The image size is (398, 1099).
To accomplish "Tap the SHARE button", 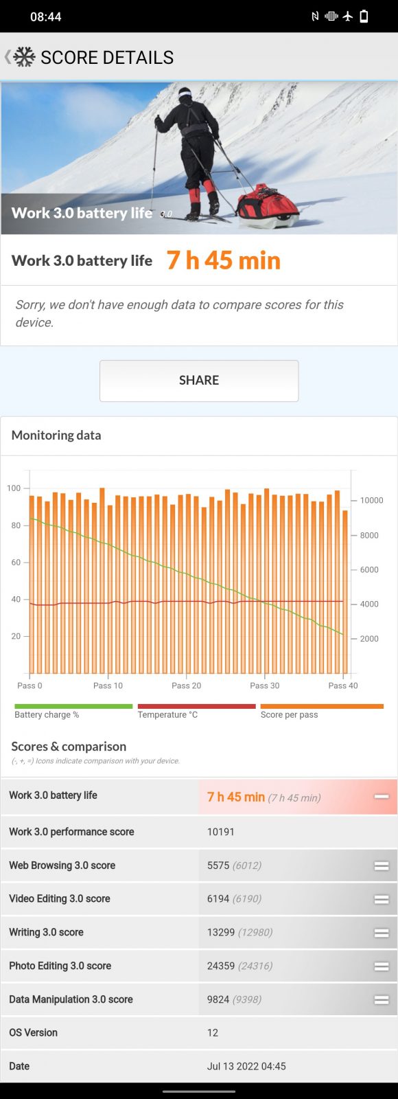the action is tap(199, 381).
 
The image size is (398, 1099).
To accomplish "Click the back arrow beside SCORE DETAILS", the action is tap(8, 57).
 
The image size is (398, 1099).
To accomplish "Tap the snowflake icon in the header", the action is tap(24, 57).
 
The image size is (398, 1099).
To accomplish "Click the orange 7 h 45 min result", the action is tap(224, 260).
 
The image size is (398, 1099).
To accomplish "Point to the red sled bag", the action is tap(268, 203).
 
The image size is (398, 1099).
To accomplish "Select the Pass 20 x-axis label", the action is tap(186, 686).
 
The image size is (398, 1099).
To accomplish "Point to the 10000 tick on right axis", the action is tap(371, 501).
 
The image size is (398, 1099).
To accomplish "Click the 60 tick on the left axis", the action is tap(16, 563).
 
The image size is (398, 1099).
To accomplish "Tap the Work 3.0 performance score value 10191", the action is tap(220, 832).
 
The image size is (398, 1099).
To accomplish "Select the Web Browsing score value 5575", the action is tap(218, 865).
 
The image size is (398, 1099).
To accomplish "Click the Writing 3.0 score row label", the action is tap(46, 932).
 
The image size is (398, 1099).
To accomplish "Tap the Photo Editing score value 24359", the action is tap(221, 966).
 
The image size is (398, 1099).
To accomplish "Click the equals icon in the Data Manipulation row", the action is tap(382, 999).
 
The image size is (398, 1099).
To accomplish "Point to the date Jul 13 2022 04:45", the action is tap(246, 1066).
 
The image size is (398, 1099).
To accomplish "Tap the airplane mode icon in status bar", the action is tap(347, 16).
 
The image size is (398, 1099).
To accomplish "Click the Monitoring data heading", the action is tap(56, 435).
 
